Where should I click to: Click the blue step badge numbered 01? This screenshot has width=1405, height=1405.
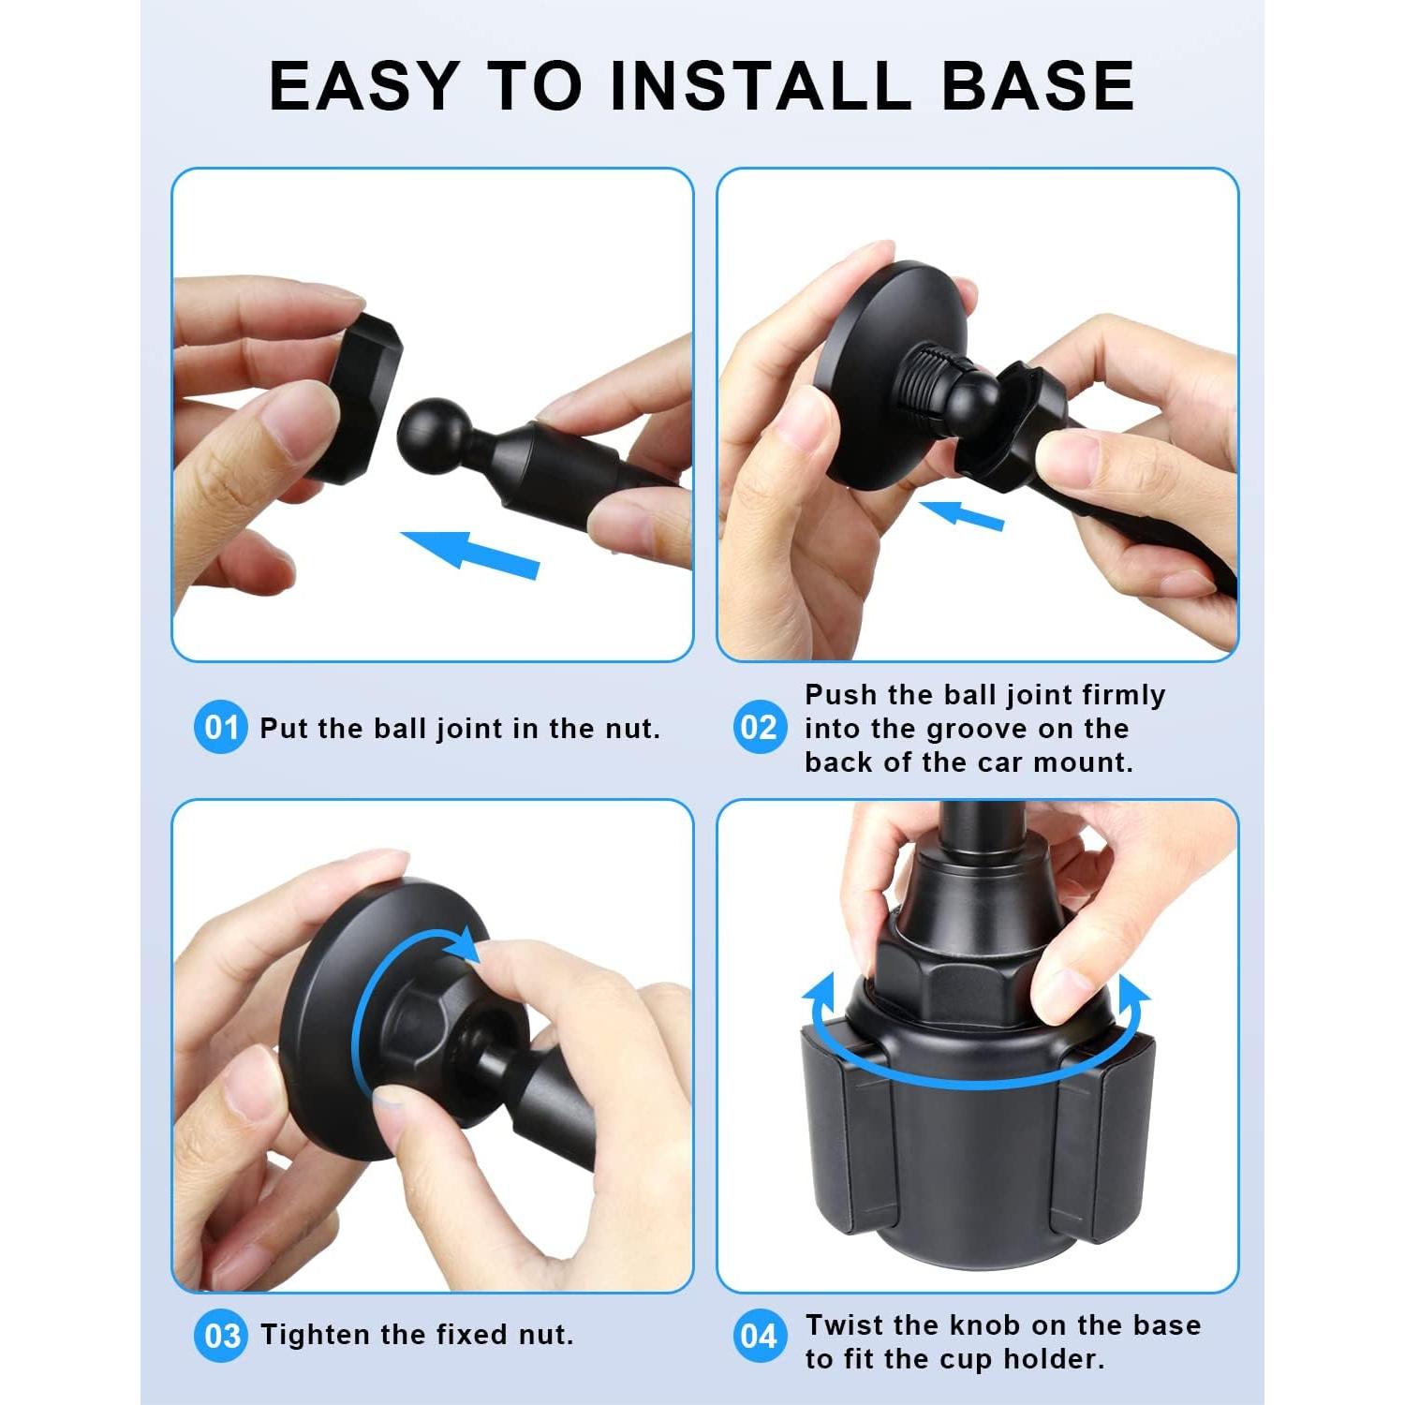pos(221,728)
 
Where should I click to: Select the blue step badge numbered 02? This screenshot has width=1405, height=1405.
pos(760,728)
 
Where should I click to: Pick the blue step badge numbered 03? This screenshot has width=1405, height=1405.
pos(221,1335)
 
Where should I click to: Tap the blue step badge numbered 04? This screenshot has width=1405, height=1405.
pos(760,1335)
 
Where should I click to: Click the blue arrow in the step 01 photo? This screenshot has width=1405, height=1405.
pos(469,553)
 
